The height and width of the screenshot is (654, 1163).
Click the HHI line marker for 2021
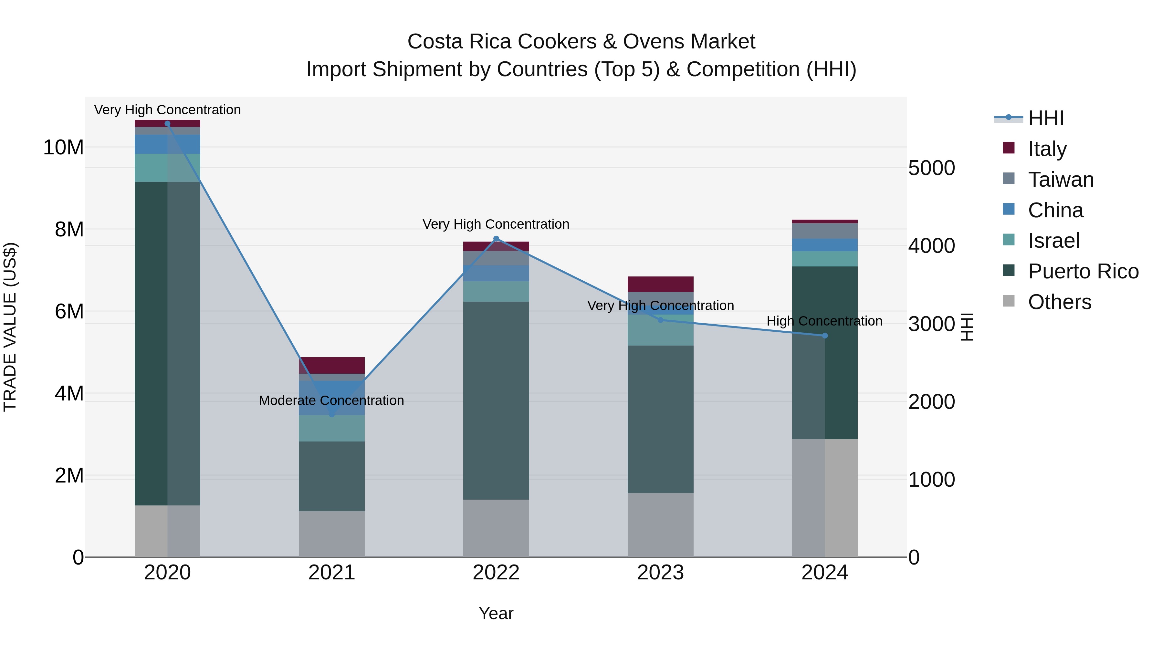[x=332, y=414]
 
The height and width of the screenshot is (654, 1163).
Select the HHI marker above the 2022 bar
[x=496, y=239]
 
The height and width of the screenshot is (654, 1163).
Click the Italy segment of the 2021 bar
[x=332, y=365]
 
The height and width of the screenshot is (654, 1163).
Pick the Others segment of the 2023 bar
[x=661, y=525]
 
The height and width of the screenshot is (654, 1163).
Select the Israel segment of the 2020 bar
[x=167, y=168]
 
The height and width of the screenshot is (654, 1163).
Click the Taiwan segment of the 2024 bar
[x=825, y=231]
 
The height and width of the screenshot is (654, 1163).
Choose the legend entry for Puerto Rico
[x=1083, y=272]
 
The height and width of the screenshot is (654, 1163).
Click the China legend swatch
[x=1009, y=209]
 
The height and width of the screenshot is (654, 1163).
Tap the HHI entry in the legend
[x=1046, y=118]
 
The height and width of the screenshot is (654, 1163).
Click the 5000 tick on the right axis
[x=931, y=168]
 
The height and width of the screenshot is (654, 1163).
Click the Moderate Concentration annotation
[x=331, y=400]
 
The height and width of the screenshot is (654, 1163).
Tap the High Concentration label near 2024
[x=824, y=321]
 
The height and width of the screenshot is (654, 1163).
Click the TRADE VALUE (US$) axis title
[x=10, y=327]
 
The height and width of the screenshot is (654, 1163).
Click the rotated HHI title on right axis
[x=967, y=327]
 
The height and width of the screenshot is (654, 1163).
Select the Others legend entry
[x=1059, y=302]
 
